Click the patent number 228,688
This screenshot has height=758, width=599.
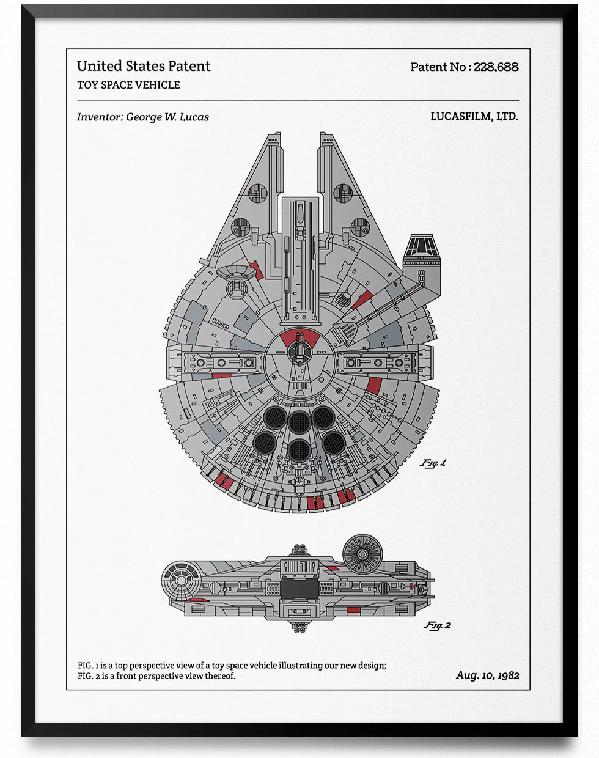coord(496,67)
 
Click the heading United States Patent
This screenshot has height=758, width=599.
coord(144,66)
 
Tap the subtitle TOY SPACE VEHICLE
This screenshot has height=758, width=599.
coord(128,85)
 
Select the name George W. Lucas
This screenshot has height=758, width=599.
coord(167,117)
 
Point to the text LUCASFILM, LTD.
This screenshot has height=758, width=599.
coord(474,116)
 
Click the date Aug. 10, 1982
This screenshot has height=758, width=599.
coord(487,675)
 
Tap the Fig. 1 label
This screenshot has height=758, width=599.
coord(433,463)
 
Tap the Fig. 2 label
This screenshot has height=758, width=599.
coord(438,625)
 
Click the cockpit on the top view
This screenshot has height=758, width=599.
coord(421,248)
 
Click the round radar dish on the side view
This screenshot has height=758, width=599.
coord(362,554)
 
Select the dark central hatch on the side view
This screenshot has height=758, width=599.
coord(299,589)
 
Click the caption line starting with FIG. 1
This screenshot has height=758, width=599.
coord(232,665)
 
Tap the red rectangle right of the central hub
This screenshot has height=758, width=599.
coord(373,385)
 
